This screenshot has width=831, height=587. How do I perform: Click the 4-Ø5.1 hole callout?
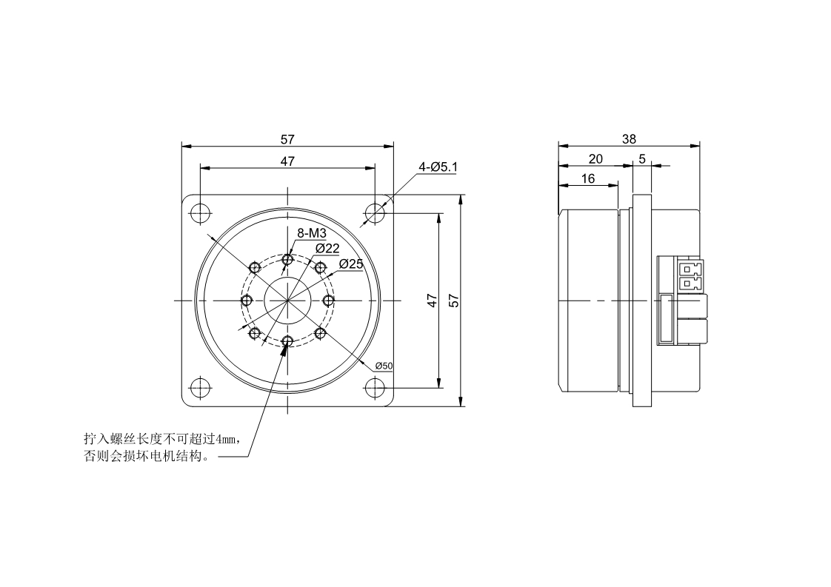pyautogui.click(x=438, y=167)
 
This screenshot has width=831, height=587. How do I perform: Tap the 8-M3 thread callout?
pyautogui.click(x=312, y=233)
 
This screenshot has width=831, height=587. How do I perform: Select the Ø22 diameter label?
pyautogui.click(x=327, y=247)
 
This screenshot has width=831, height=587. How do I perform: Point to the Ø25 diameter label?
pyautogui.click(x=350, y=264)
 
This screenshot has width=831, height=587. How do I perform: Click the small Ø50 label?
pyautogui.click(x=384, y=366)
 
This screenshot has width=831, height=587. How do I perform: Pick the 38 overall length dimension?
pyautogui.click(x=629, y=138)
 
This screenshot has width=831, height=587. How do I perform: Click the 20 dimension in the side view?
pyautogui.click(x=595, y=158)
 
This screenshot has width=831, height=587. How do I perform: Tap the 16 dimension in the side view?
pyautogui.click(x=588, y=178)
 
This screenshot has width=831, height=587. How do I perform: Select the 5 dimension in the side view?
pyautogui.click(x=641, y=158)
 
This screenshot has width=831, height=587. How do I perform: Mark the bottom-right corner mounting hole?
pyautogui.click(x=376, y=387)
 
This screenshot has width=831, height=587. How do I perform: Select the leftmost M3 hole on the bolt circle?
pyautogui.click(x=247, y=301)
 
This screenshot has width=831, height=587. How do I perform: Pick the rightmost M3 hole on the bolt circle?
pyautogui.click(x=328, y=301)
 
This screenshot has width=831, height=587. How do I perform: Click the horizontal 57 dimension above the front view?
pyautogui.click(x=287, y=138)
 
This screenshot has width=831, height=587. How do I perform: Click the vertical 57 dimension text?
pyautogui.click(x=454, y=301)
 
